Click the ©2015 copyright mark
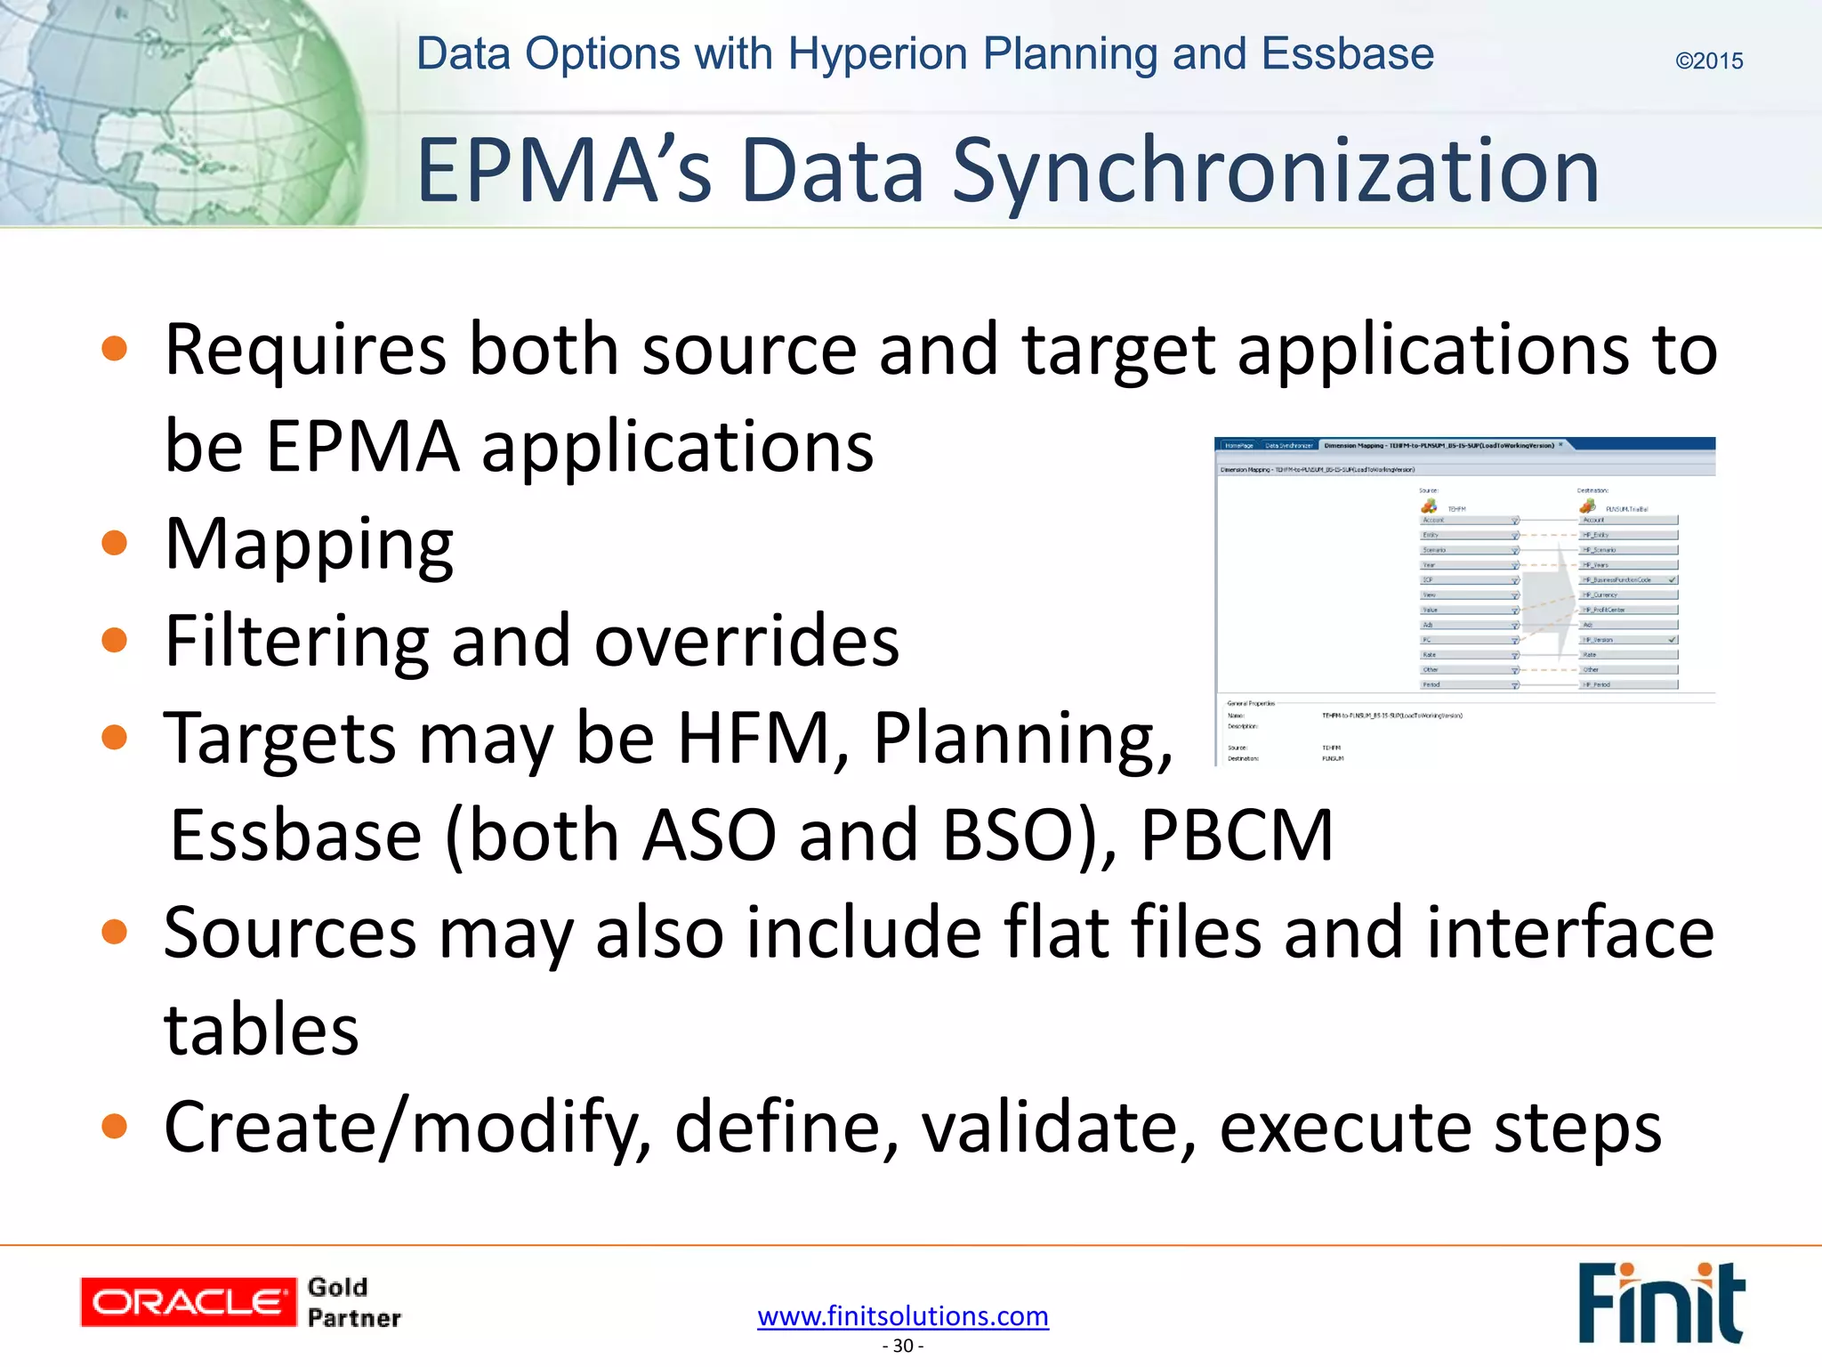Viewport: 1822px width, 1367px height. pos(1708,61)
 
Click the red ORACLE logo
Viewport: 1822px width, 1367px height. pos(188,1302)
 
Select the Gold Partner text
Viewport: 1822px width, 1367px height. pos(353,1302)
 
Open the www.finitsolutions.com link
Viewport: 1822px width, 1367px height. pos(903,1315)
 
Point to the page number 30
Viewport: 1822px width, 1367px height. pos(903,1346)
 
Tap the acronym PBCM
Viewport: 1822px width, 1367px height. pos(1237,835)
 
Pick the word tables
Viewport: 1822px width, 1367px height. pos(262,1029)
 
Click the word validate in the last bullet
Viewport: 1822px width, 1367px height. pos(1059,1127)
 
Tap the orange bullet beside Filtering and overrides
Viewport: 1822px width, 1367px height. pos(115,640)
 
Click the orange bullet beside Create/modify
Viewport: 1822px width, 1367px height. pos(115,1127)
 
